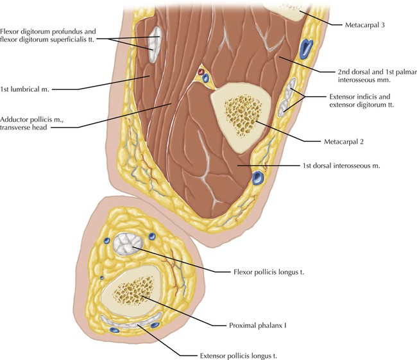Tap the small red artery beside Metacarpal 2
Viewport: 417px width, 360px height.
(x=201, y=72)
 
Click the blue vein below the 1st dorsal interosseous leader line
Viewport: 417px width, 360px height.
(x=259, y=176)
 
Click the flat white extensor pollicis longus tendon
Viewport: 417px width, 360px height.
(x=132, y=323)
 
